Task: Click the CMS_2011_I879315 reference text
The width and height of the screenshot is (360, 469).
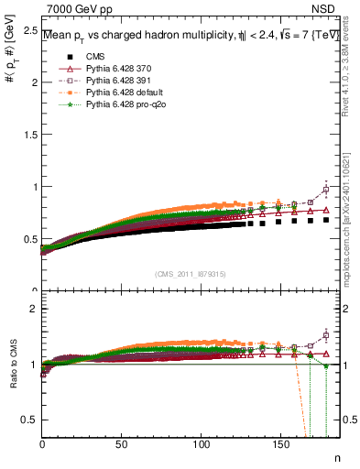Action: [x=191, y=275]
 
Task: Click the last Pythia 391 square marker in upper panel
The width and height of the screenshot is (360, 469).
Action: [x=327, y=191]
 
